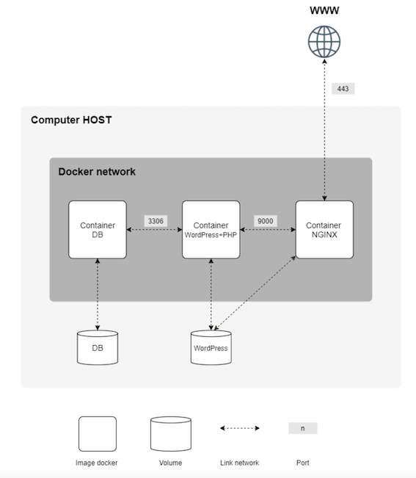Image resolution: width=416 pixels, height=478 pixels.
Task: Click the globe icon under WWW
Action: coord(324,43)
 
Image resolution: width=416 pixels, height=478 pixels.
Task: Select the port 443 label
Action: coord(343,89)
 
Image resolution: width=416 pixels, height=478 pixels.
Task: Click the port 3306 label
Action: coord(156,220)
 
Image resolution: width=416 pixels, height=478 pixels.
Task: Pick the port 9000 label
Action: coord(266,220)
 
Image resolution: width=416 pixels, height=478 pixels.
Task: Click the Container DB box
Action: coord(98,229)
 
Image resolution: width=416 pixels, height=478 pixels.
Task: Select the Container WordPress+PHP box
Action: coord(211,229)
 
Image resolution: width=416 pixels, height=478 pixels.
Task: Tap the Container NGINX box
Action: coord(324,229)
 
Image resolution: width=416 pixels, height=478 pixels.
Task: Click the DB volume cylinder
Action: coord(98,347)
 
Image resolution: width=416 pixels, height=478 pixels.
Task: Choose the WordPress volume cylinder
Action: coord(211,347)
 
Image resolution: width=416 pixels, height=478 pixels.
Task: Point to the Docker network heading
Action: coord(97,172)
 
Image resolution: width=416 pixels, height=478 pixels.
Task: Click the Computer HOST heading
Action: coord(71,120)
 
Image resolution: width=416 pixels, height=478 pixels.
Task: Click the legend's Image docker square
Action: coord(98,434)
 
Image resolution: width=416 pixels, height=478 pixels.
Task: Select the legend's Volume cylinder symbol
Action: coord(170,434)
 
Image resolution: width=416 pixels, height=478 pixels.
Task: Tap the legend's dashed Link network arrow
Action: coord(240,428)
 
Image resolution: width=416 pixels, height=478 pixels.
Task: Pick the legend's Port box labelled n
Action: coord(302,428)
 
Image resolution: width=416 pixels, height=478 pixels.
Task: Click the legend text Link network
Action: coord(239,463)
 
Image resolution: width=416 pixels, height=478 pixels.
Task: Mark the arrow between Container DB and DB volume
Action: coord(98,294)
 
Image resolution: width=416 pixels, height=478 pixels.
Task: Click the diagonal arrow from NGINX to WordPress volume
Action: coord(255,293)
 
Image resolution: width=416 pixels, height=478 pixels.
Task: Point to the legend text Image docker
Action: coord(97,463)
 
